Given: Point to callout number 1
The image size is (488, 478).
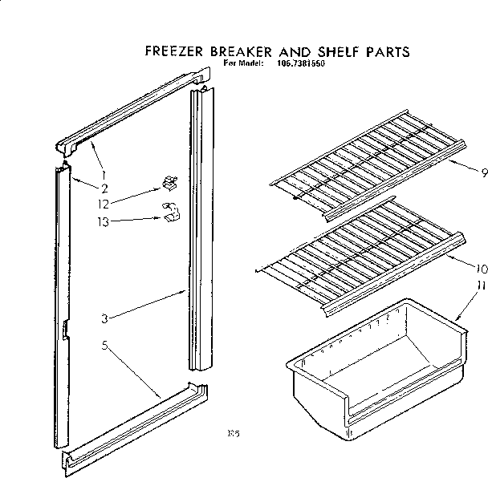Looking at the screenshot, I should (103, 174).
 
